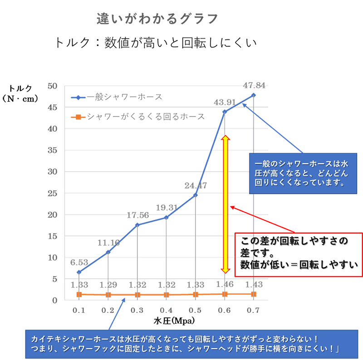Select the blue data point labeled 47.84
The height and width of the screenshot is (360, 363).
point(253,95)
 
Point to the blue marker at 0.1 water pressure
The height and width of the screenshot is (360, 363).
point(79,272)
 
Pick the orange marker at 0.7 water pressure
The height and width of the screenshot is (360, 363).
point(253,294)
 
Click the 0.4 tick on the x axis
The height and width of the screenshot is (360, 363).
point(166,310)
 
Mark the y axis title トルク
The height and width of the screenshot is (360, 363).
point(21,89)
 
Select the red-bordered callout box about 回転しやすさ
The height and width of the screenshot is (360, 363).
point(299,254)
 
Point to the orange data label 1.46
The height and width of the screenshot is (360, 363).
point(225,285)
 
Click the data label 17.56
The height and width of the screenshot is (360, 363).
point(137,214)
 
